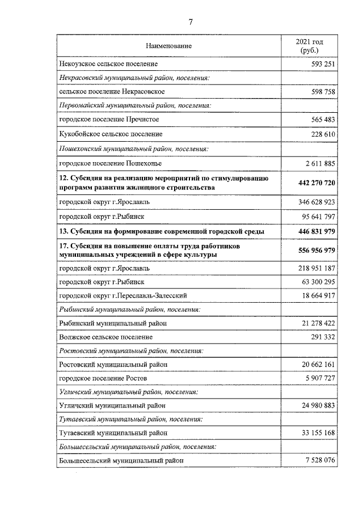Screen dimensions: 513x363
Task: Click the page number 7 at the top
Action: (x=191, y=22)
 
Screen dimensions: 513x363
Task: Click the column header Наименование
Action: (x=168, y=45)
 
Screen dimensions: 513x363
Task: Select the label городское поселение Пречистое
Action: (x=109, y=119)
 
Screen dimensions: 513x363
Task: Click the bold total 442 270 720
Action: (x=316, y=183)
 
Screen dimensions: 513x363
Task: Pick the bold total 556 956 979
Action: (x=316, y=250)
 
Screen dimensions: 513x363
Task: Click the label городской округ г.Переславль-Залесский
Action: (x=123, y=295)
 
